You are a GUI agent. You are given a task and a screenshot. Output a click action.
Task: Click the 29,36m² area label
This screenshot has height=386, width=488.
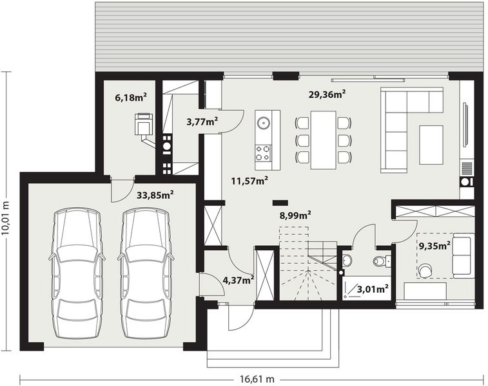click(x=327, y=94)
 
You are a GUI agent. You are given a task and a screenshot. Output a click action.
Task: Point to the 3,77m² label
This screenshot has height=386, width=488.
click(x=202, y=120)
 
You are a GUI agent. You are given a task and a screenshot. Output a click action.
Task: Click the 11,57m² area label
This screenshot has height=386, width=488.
click(x=249, y=181)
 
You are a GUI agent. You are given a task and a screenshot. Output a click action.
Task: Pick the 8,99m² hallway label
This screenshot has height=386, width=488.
click(x=295, y=216)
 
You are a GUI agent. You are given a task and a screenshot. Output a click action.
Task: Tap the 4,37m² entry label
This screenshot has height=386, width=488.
click(x=238, y=279)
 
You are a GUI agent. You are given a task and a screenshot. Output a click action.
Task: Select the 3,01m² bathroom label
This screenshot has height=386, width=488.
click(x=373, y=289)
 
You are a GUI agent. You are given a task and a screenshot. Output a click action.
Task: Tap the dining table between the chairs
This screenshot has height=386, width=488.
click(x=323, y=140)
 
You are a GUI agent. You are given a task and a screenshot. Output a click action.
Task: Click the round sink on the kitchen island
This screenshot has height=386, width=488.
click(x=263, y=121)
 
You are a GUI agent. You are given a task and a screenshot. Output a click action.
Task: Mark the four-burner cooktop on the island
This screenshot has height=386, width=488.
click(x=263, y=153)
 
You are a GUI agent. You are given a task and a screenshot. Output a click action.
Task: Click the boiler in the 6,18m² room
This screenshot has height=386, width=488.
click(x=143, y=124)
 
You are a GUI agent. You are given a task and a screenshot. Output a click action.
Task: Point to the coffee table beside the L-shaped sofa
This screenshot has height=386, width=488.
click(x=431, y=145)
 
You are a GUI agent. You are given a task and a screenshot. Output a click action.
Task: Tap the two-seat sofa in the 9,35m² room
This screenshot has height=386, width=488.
click(x=462, y=257)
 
